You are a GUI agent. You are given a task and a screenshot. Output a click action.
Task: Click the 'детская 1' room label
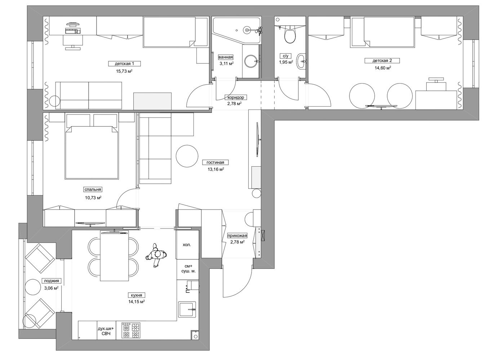pos(124,64)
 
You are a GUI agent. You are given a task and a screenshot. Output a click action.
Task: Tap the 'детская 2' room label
pos(382,60)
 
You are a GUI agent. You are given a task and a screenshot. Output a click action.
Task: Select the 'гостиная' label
pos(215,162)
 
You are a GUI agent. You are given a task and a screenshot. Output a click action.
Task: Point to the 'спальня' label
pos(93,189)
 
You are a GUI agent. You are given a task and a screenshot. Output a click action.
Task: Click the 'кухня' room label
pos(137,295)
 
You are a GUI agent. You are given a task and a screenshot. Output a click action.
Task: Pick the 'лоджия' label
pos(52,281)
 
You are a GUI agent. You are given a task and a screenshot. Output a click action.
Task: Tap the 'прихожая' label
pos(237,236)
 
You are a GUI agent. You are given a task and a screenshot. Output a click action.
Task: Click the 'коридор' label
pos(236,97)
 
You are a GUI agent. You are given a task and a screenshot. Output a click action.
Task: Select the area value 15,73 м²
pos(124,71)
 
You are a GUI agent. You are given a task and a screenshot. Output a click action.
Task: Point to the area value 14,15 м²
pos(137,302)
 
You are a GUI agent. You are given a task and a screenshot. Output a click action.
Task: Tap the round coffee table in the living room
pos(187,156)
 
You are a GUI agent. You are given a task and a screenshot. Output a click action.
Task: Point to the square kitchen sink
pos(187,309)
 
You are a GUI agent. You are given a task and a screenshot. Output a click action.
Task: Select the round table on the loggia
pos(34,287)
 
